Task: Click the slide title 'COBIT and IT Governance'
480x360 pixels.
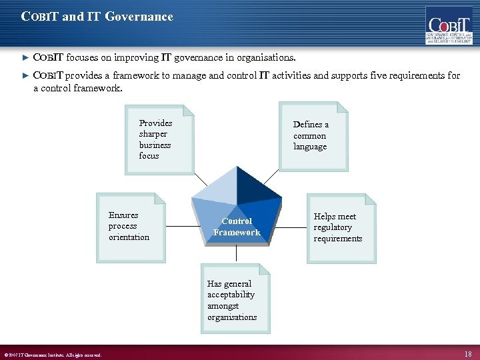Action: [97, 17]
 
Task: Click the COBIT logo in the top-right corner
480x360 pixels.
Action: [449, 25]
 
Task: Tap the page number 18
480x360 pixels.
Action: [468, 353]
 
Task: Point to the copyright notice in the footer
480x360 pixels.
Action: [53, 355]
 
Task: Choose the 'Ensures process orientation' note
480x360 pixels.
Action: [131, 227]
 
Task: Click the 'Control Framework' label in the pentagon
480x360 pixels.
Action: [237, 227]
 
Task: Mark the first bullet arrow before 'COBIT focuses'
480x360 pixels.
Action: [26, 58]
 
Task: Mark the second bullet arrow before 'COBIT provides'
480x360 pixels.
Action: [26, 76]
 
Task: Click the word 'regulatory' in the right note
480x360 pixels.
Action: [334, 227]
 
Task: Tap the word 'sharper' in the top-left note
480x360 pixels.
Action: [153, 133]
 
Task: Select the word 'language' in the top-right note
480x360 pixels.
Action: [310, 147]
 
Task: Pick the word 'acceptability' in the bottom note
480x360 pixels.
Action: [231, 295]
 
